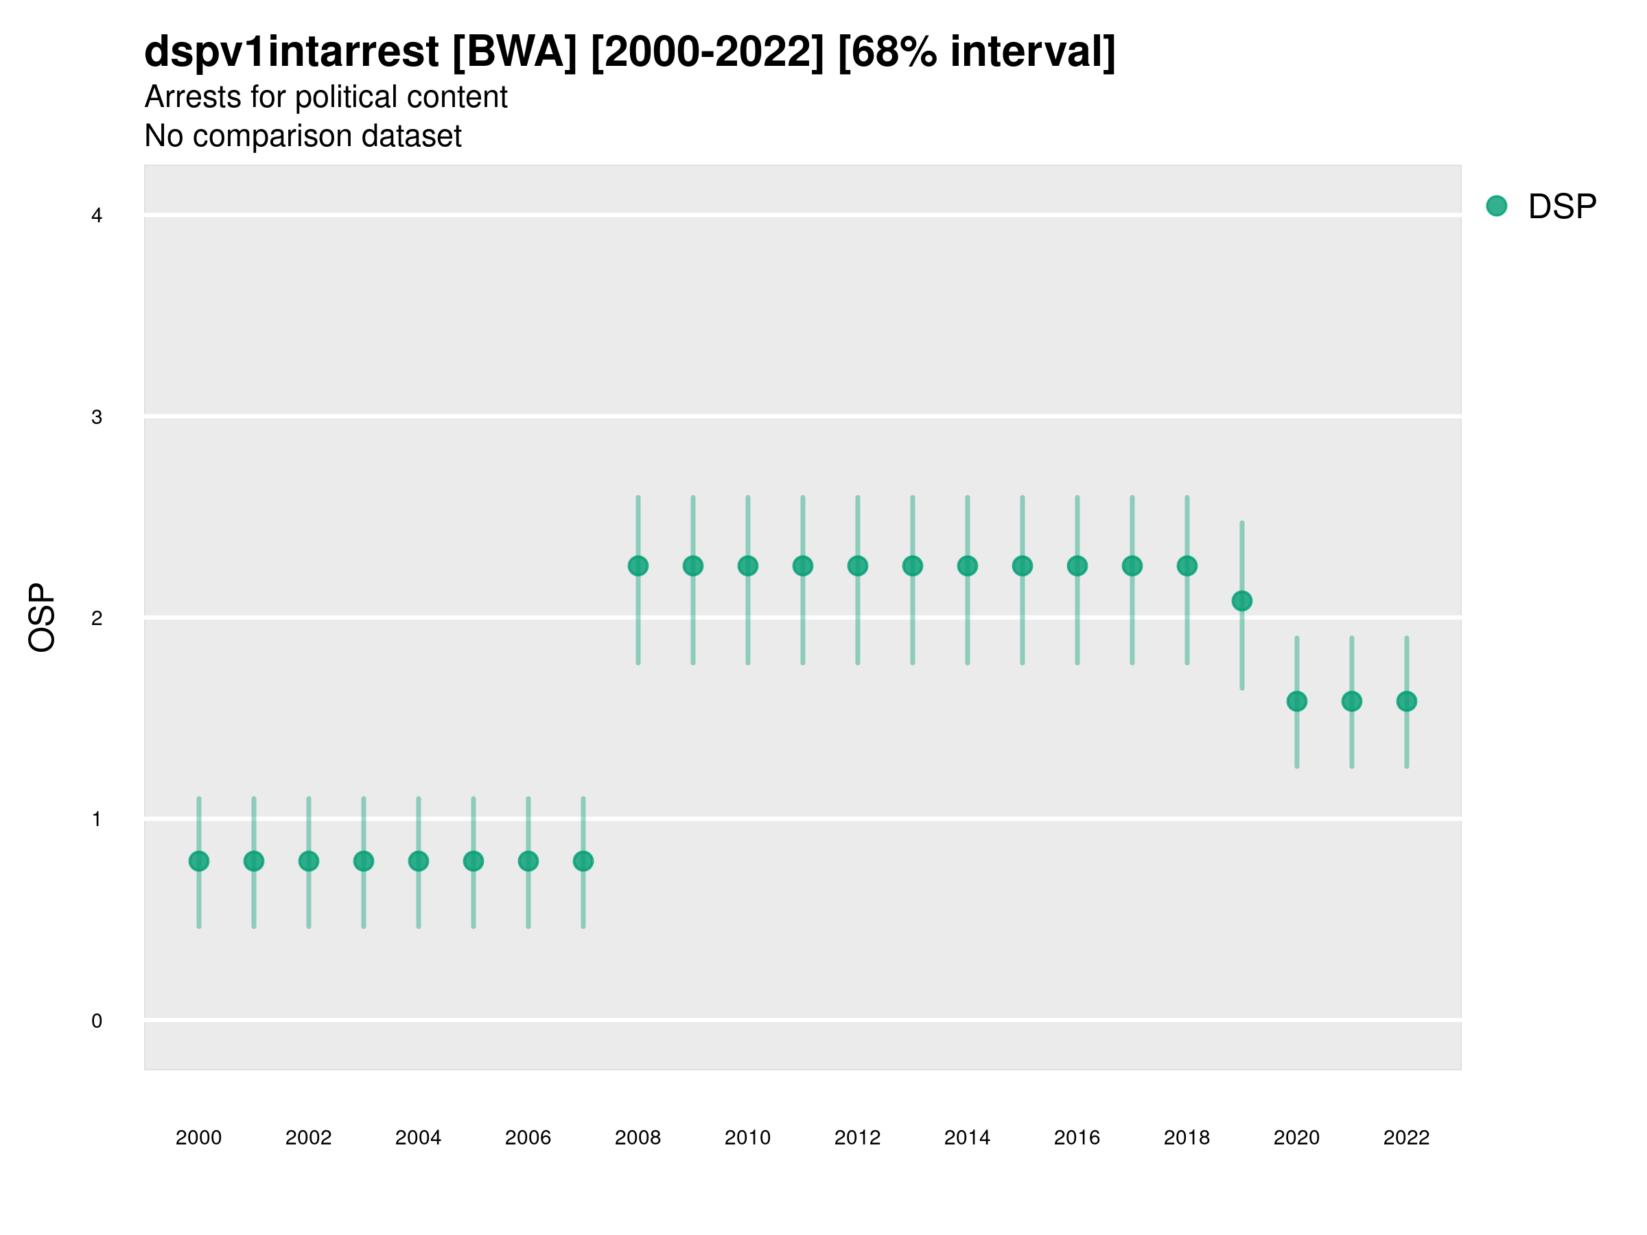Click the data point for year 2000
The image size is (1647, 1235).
click(x=199, y=861)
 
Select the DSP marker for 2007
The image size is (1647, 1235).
click(x=583, y=861)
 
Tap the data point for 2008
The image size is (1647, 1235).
click(x=638, y=566)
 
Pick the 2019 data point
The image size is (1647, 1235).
click(x=1242, y=601)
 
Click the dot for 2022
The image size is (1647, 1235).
click(x=1407, y=701)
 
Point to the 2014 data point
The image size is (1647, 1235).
click(x=967, y=566)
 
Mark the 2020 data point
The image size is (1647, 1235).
click(x=1297, y=701)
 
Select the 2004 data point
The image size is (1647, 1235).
click(x=419, y=861)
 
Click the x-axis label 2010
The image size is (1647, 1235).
click(x=747, y=1138)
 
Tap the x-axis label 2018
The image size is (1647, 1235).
click(x=1187, y=1138)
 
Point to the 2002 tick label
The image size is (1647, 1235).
click(x=308, y=1138)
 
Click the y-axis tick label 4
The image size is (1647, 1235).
click(x=97, y=216)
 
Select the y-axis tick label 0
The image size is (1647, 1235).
click(x=97, y=1021)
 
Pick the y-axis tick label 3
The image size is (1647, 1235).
click(x=97, y=417)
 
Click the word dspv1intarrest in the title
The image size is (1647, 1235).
click(x=291, y=52)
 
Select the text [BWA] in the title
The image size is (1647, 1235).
click(x=515, y=52)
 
